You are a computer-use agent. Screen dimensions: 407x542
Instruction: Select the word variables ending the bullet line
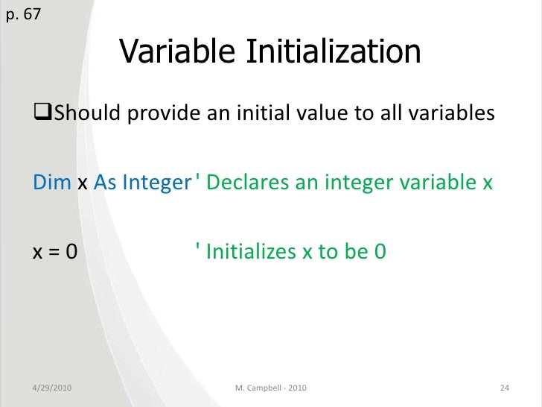point(452,114)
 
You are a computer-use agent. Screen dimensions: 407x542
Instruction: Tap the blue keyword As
point(105,183)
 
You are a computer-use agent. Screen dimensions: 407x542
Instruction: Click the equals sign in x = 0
point(54,252)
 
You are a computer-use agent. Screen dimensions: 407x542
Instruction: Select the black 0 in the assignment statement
point(71,252)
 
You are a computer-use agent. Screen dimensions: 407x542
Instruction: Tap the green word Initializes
point(251,252)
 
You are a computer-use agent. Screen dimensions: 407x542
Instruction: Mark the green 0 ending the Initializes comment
point(379,252)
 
